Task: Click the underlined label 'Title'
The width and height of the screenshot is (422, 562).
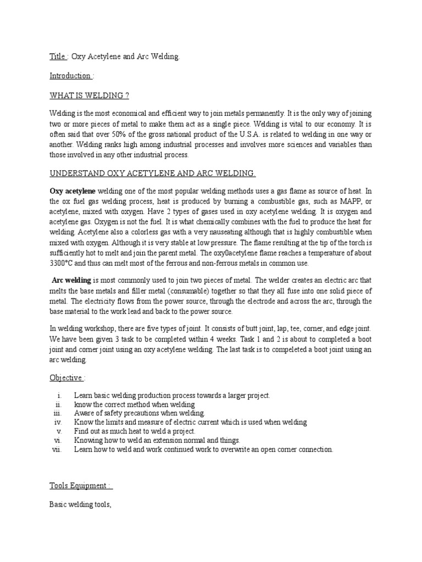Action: coord(58,57)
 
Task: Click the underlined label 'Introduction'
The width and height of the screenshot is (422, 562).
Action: coord(70,76)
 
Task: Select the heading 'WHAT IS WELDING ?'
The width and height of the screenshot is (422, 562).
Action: coord(89,95)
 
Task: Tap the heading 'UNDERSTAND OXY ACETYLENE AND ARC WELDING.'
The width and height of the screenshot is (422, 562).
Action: coord(153,173)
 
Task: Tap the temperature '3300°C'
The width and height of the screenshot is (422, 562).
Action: coord(65,262)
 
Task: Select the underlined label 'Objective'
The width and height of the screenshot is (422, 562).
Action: coord(66,378)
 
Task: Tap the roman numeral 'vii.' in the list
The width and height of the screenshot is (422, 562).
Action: coord(56,449)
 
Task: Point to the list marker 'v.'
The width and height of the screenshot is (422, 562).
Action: coord(59,431)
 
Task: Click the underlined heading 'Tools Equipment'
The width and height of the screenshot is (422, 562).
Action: coord(80,486)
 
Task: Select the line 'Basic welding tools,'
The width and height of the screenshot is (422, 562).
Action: coord(81,505)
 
